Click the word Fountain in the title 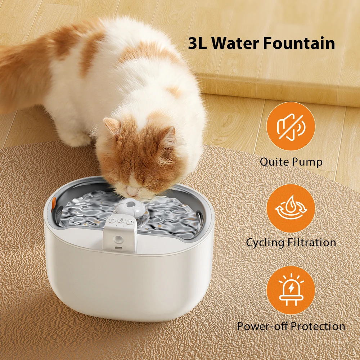299,43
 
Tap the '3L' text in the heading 198,43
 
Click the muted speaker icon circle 291,126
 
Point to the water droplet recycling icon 291,208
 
